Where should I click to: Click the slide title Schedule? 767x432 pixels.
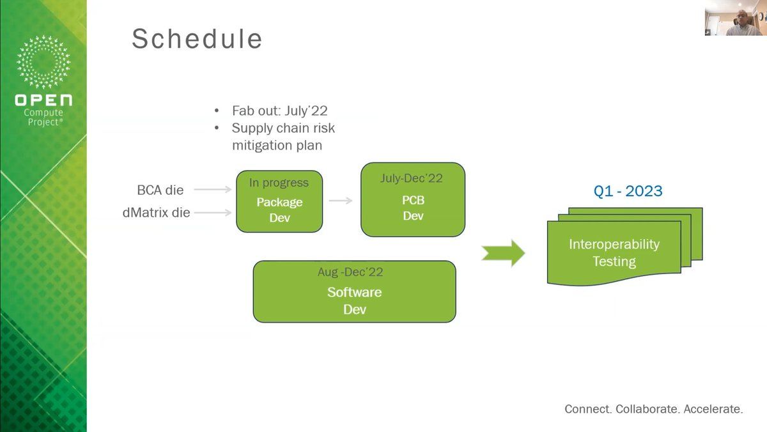click(x=197, y=39)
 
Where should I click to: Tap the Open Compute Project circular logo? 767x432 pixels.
click(x=43, y=63)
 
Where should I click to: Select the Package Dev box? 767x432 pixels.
click(x=279, y=202)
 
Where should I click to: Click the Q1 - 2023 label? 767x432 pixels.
click(x=628, y=191)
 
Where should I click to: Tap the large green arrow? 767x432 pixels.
click(x=503, y=253)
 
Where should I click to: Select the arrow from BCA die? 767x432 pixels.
click(x=212, y=190)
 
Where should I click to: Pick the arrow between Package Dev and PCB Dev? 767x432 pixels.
click(x=341, y=201)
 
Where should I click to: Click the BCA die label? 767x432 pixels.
click(x=160, y=190)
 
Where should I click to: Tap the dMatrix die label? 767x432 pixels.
click(x=156, y=212)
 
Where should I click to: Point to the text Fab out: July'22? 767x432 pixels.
click(x=281, y=110)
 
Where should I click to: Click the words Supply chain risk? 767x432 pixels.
click(x=283, y=128)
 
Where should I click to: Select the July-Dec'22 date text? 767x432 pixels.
click(x=411, y=178)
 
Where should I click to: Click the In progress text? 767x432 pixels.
click(x=279, y=183)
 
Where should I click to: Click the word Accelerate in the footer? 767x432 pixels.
click(x=713, y=409)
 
